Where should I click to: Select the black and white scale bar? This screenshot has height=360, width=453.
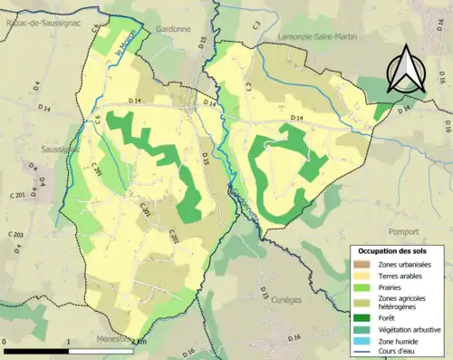pos(71,350)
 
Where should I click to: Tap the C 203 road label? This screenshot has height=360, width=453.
pos(16,235)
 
